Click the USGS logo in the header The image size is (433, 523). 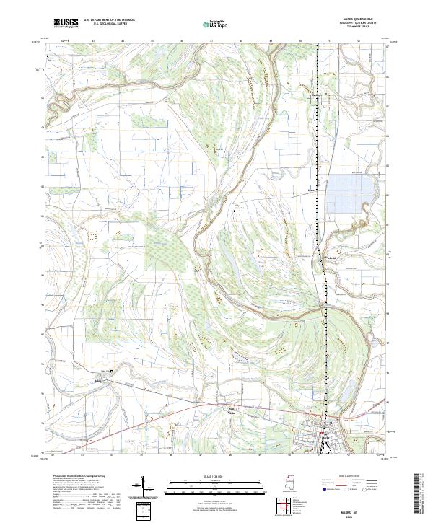[x=66, y=23]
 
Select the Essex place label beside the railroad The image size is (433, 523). [x=312, y=192]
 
